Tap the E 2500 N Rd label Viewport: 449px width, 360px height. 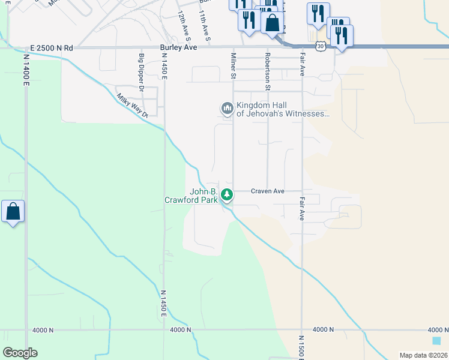(x=51, y=47)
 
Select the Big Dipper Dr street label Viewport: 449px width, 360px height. (x=142, y=72)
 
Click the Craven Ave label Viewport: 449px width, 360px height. (x=267, y=191)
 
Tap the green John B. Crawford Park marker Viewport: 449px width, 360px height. (x=226, y=194)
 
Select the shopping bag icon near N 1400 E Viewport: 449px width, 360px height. (x=13, y=212)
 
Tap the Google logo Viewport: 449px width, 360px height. (x=20, y=353)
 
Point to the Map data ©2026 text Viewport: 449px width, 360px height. (x=423, y=355)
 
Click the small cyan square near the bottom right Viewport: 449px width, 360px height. (x=436, y=340)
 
